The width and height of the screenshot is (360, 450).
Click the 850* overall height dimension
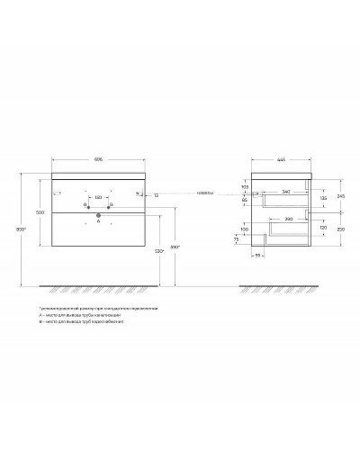tap(29, 229)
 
